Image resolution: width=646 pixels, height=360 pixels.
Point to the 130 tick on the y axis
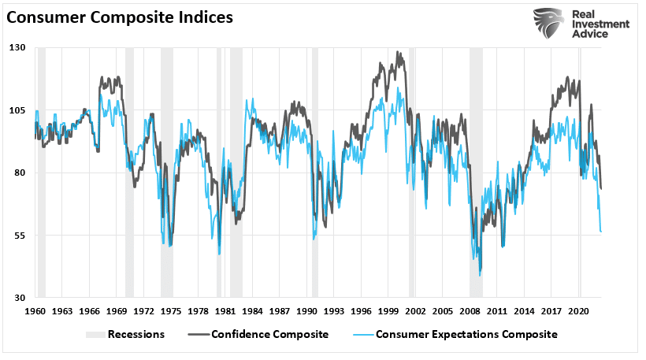pyautogui.click(x=18, y=47)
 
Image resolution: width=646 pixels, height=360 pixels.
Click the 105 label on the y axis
pyautogui.click(x=18, y=110)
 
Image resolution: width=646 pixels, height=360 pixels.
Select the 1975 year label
pyautogui.click(x=173, y=311)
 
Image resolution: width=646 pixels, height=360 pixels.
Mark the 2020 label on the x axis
pyautogui.click(x=581, y=311)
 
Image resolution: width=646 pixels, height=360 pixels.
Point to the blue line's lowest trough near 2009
pyautogui.click(x=480, y=275)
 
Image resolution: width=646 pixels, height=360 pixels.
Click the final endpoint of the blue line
pyautogui.click(x=602, y=232)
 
